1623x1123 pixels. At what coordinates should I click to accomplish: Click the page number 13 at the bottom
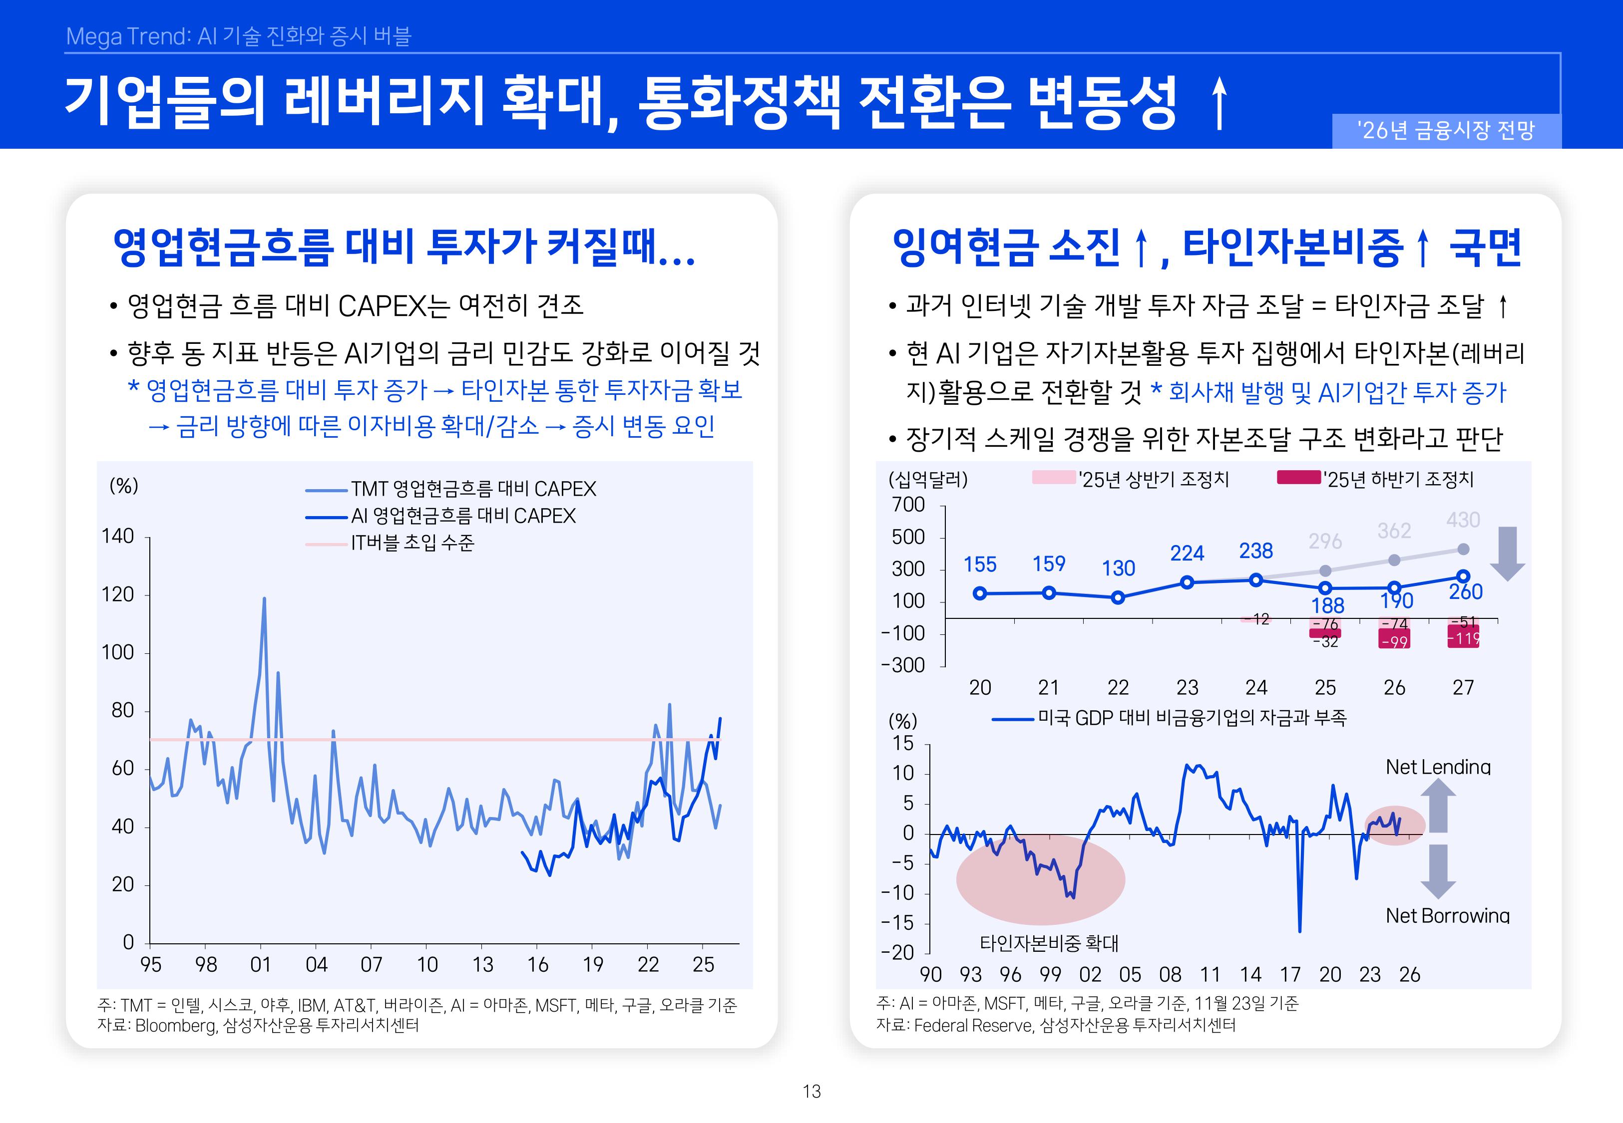coord(811,1092)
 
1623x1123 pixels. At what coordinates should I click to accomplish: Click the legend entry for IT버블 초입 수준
coord(412,543)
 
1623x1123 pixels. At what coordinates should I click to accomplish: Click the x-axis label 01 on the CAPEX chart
coord(260,965)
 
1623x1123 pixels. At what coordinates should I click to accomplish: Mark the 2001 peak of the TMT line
coord(264,599)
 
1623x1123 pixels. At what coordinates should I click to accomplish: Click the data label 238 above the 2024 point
coord(1255,551)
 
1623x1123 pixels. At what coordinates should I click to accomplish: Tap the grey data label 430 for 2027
coord(1463,520)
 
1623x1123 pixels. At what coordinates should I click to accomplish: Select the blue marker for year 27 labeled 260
coord(1463,576)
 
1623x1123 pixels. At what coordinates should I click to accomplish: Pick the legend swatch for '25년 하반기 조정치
coord(1298,478)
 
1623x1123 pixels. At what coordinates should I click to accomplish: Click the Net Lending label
coord(1438,767)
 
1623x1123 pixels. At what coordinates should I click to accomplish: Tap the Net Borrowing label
coord(1447,915)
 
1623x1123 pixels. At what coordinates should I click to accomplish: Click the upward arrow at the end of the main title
coord(1219,104)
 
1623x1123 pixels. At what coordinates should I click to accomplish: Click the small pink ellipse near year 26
coord(1394,825)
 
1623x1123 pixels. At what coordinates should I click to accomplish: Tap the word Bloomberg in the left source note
coord(175,1026)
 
